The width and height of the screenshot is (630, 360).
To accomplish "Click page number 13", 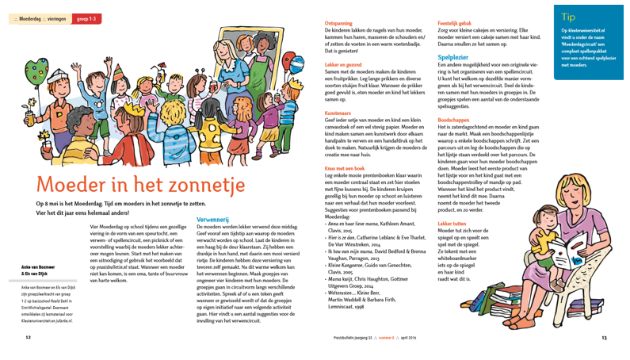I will (x=604, y=336).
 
